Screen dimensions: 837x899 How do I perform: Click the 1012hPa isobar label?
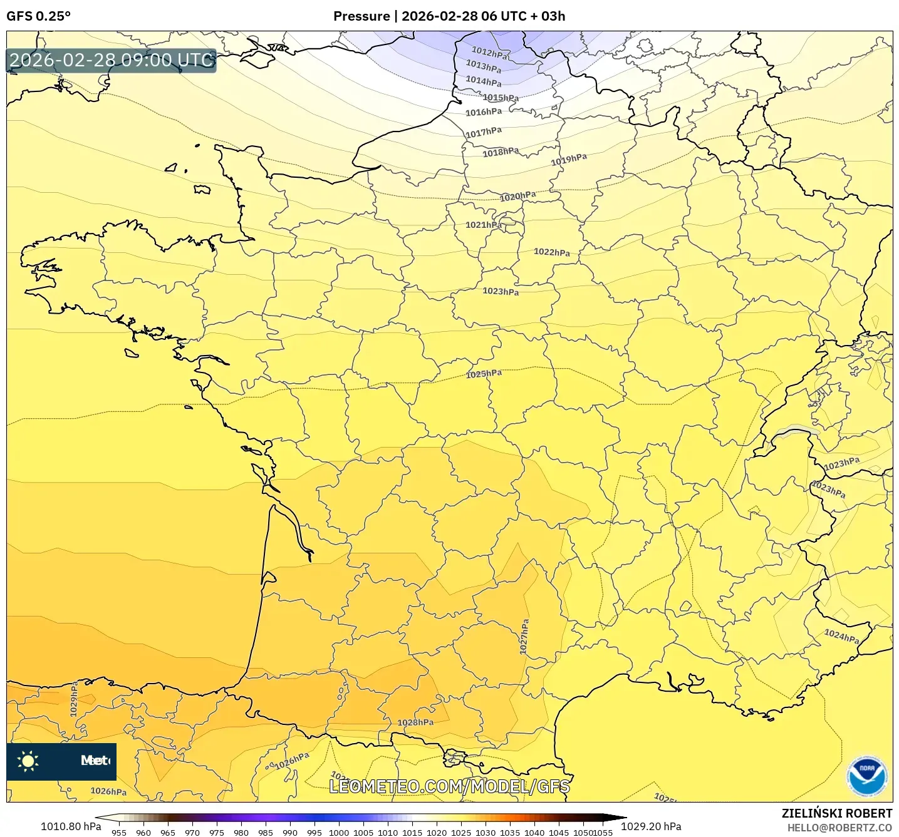pos(489,53)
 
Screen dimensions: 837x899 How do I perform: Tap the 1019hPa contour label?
pos(569,160)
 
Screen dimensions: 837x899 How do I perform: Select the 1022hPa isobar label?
pos(552,252)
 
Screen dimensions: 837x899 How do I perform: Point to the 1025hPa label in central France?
pos(484,374)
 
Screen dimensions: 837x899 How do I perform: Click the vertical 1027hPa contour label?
pos(524,637)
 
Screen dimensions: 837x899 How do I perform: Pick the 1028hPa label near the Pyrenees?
pos(415,722)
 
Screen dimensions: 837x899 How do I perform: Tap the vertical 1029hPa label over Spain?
pos(74,699)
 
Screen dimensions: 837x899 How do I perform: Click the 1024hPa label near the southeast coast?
pos(841,637)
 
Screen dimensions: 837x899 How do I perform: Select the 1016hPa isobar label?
pos(483,112)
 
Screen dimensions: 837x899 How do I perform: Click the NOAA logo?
pos(866,776)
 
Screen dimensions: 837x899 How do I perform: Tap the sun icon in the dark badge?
pos(28,761)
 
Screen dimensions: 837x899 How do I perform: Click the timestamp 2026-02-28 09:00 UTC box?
pos(112,61)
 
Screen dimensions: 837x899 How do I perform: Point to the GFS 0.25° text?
pos(38,16)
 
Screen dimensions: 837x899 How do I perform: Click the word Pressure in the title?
pos(361,16)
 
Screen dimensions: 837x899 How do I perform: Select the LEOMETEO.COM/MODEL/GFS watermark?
pos(449,786)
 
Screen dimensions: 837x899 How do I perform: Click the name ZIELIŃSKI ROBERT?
pos(836,813)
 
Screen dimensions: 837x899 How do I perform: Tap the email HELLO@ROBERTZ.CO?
pos(839,828)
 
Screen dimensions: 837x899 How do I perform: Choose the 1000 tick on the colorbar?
pos(338,832)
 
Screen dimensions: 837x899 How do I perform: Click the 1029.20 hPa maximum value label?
pos(651,826)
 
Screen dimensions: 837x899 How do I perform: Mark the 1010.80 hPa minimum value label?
pos(71,826)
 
